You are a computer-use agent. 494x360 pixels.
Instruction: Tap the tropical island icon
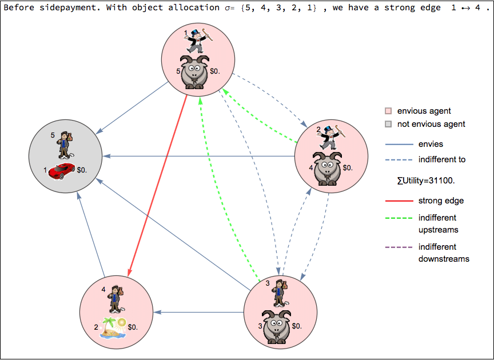tap(113, 327)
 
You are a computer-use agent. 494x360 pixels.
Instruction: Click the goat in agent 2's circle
tap(328, 167)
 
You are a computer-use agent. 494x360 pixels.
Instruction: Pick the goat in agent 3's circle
tap(277, 326)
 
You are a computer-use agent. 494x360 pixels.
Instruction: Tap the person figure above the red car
tap(64, 145)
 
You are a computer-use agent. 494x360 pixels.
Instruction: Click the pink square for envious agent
tap(388, 111)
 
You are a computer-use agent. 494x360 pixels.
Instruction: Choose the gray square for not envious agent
tap(388, 124)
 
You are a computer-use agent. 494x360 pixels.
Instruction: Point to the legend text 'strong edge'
tap(441, 201)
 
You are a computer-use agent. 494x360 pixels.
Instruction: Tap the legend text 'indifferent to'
tap(442, 159)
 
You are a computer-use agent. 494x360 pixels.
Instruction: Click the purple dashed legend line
tap(399, 247)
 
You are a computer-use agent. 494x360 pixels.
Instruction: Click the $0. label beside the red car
tap(82, 170)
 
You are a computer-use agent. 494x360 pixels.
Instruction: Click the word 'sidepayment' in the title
tap(63, 7)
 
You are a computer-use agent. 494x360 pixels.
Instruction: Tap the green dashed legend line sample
tap(399, 218)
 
